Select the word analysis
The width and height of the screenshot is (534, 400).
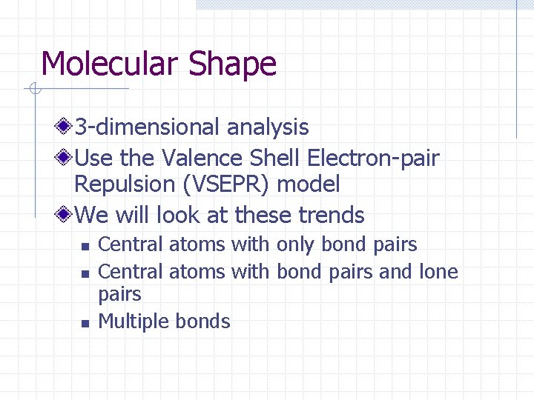pyautogui.click(x=268, y=127)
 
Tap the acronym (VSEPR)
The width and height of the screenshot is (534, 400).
pyautogui.click(x=225, y=184)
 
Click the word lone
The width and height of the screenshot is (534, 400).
pyautogui.click(x=438, y=272)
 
